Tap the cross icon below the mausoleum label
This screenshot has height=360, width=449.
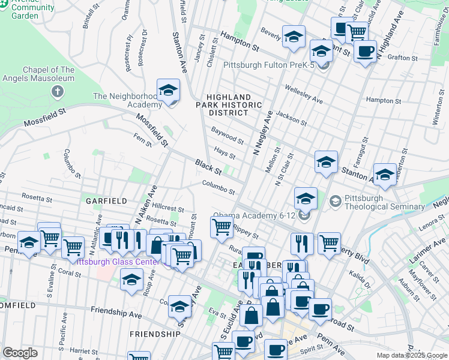[57, 92]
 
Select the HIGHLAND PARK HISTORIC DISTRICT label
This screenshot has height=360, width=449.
[234, 105]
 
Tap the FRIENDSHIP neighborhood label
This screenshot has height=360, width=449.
[154, 334]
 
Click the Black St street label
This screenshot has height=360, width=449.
[209, 166]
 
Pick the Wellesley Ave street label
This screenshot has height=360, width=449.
[304, 92]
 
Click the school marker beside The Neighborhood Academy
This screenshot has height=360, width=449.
[169, 91]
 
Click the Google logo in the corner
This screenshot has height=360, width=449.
[20, 353]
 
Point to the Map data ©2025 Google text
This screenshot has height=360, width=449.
[412, 355]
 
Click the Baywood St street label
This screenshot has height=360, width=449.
[228, 136]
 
